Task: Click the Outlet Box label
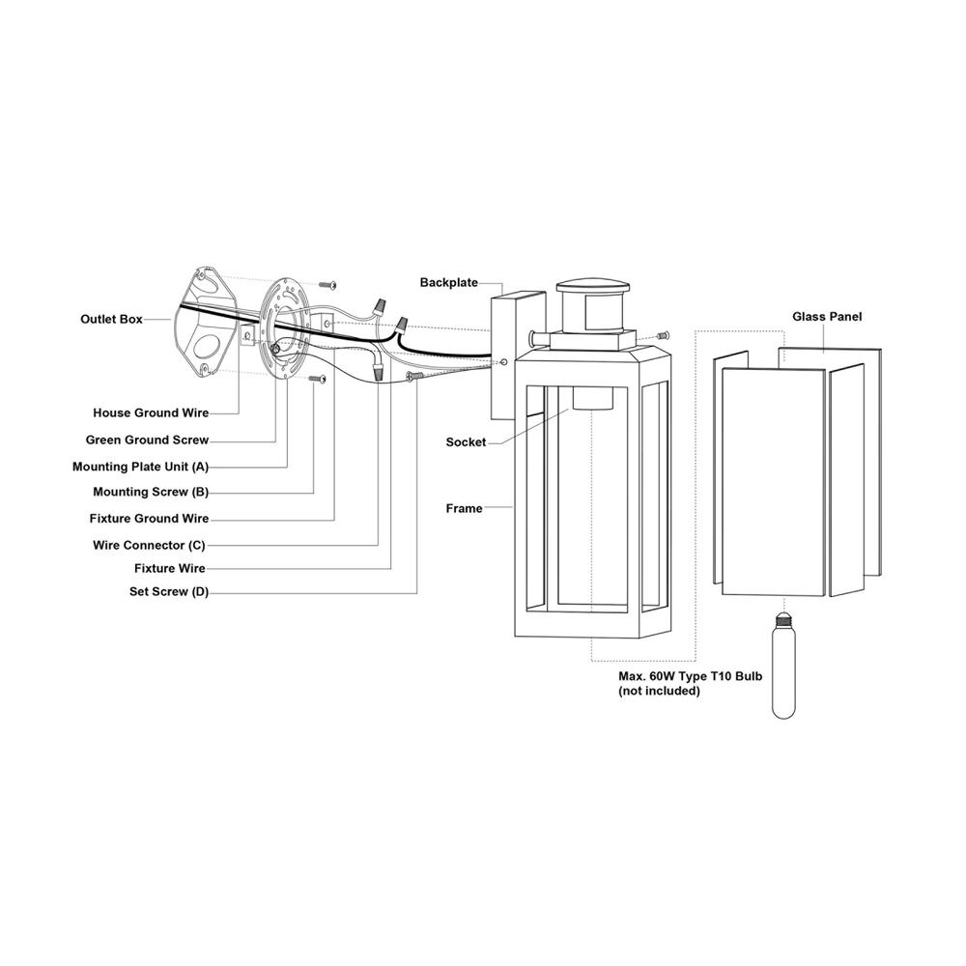pos(111,319)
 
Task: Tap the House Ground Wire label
pos(151,412)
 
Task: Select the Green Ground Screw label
pos(147,440)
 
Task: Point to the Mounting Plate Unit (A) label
pos(140,467)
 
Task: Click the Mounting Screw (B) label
pos(151,492)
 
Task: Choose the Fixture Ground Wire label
pos(149,518)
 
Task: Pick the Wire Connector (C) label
pos(149,545)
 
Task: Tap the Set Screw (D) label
pos(169,592)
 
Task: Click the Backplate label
pos(449,282)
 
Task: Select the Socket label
pos(466,441)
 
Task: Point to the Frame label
pos(464,508)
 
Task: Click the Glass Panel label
pos(827,317)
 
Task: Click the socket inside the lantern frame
pos(593,397)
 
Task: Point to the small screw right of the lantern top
pos(663,336)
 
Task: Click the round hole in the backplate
pos(504,362)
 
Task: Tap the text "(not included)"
pos(659,692)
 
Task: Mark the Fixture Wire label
pos(169,568)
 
